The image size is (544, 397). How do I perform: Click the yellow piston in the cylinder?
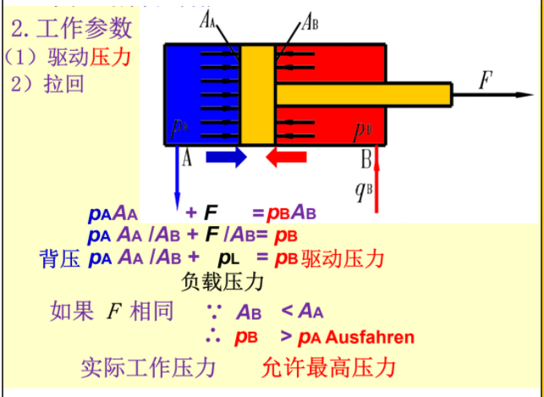coord(258,93)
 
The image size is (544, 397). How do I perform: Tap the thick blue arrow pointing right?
coord(225,157)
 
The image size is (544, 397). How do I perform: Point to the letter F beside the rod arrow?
coord(485,81)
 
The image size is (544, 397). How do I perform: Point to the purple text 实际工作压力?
coord(148,369)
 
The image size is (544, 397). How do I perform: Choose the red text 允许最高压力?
coord(329,369)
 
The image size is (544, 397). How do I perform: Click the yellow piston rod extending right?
coord(364,93)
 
